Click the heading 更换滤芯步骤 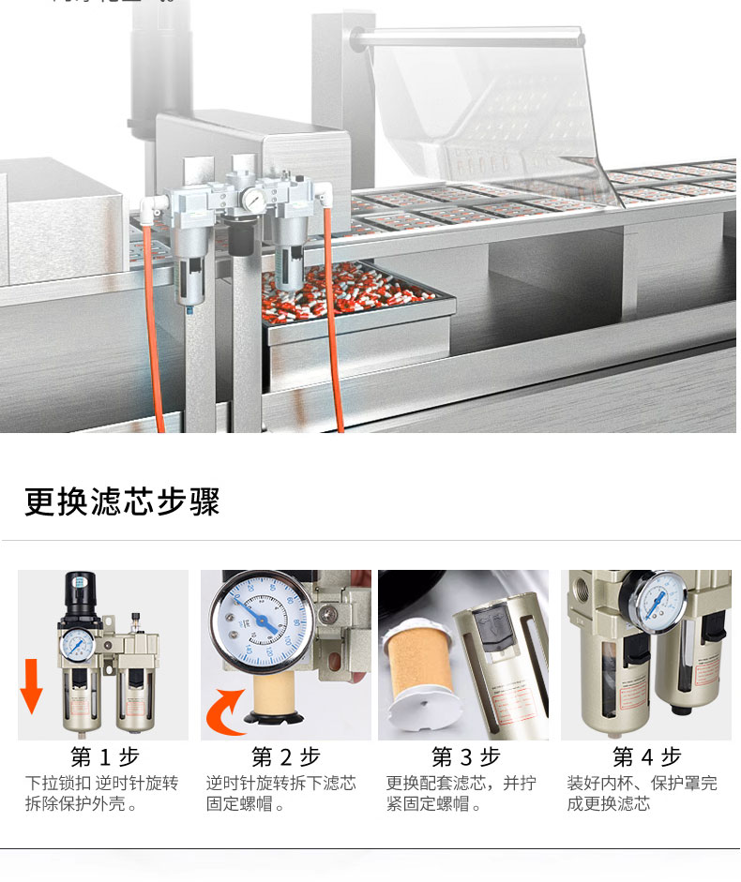pyautogui.click(x=122, y=501)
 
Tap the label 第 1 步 pyautogui.click(x=104, y=756)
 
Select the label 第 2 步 pyautogui.click(x=285, y=756)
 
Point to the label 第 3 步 pyautogui.click(x=465, y=756)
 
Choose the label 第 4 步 pyautogui.click(x=646, y=756)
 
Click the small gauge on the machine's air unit pyautogui.click(x=253, y=200)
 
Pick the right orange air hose pyautogui.click(x=332, y=319)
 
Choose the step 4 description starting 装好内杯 pyautogui.click(x=642, y=793)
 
